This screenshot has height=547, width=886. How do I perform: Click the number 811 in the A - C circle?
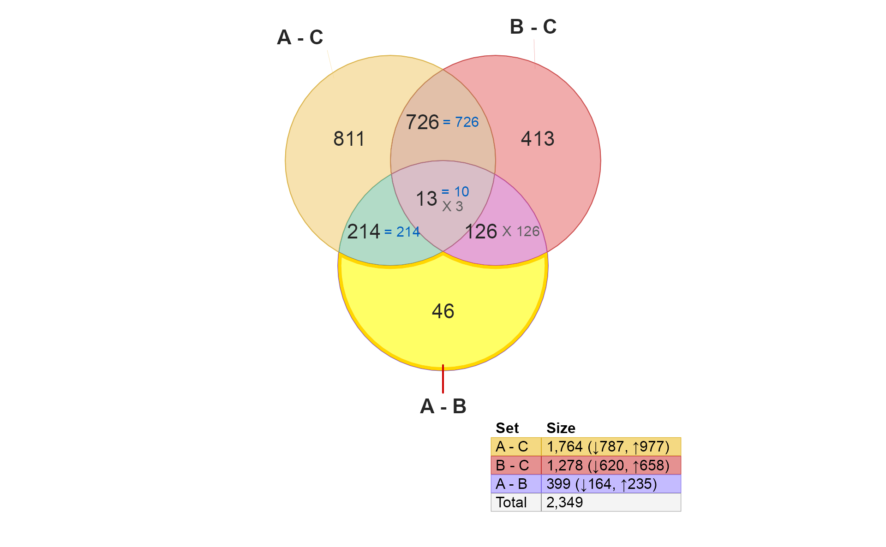[x=349, y=139]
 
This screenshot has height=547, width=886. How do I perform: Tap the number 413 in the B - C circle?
[x=538, y=139]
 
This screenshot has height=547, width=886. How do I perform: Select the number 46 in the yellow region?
[x=443, y=311]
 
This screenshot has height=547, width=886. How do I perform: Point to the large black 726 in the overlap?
[x=422, y=122]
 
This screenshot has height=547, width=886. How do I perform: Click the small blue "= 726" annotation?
[x=461, y=122]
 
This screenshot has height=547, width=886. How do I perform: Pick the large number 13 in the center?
[x=426, y=199]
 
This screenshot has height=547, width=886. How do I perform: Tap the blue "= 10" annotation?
[x=455, y=191]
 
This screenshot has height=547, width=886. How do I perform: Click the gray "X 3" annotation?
[x=452, y=207]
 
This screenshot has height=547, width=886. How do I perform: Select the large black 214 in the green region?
[x=364, y=232]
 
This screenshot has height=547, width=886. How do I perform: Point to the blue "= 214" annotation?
[x=402, y=232]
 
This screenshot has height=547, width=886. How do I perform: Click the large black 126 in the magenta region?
[x=481, y=232]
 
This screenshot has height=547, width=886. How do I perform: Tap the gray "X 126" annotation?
[x=521, y=231]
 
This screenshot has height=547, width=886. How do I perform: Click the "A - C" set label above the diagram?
[x=300, y=37]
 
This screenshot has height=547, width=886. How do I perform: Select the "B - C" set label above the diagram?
[x=533, y=27]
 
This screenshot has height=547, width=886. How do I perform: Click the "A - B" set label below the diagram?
[x=443, y=406]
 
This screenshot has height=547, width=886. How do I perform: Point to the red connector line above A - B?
[x=443, y=379]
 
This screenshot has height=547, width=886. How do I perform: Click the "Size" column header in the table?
[x=561, y=428]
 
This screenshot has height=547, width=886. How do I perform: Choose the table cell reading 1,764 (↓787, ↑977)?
[x=611, y=446]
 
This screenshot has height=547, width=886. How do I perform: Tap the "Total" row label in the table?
[x=511, y=502]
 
